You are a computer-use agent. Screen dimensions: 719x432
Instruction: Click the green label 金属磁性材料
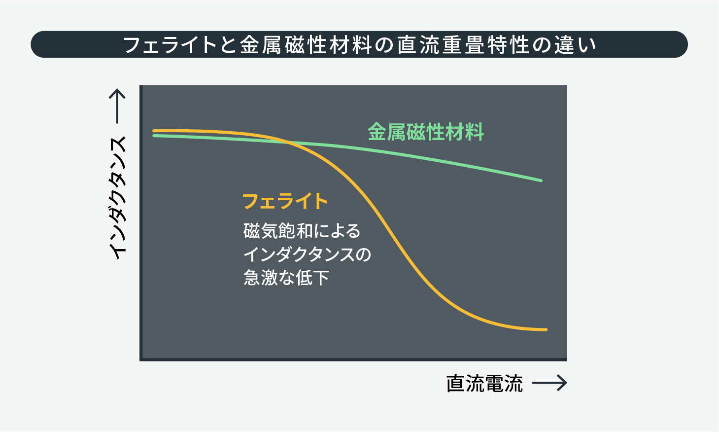[x=426, y=132]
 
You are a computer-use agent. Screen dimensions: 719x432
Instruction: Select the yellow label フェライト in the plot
[x=285, y=201]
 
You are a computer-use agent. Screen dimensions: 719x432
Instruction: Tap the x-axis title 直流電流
[x=484, y=383]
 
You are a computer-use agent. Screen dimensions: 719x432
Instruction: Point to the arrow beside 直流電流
[x=549, y=383]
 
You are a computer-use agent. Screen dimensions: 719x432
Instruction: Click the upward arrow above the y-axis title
[x=117, y=106]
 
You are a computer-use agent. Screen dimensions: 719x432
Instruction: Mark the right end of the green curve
[x=541, y=180]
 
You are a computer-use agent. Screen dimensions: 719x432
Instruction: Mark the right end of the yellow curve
[x=546, y=329]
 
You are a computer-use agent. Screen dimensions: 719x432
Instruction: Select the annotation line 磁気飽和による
[x=302, y=231]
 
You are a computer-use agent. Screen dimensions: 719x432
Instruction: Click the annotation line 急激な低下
[x=286, y=278]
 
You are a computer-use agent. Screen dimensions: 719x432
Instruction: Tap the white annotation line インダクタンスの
[x=307, y=254]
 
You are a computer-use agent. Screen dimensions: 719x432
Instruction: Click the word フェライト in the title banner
[x=170, y=45]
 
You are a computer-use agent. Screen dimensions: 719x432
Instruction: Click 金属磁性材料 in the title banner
[x=306, y=45]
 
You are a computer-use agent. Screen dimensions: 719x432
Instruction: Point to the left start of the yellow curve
[x=154, y=131]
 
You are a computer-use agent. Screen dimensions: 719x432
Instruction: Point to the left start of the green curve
[x=154, y=136]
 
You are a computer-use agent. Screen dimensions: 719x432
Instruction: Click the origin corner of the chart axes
[x=141, y=360]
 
